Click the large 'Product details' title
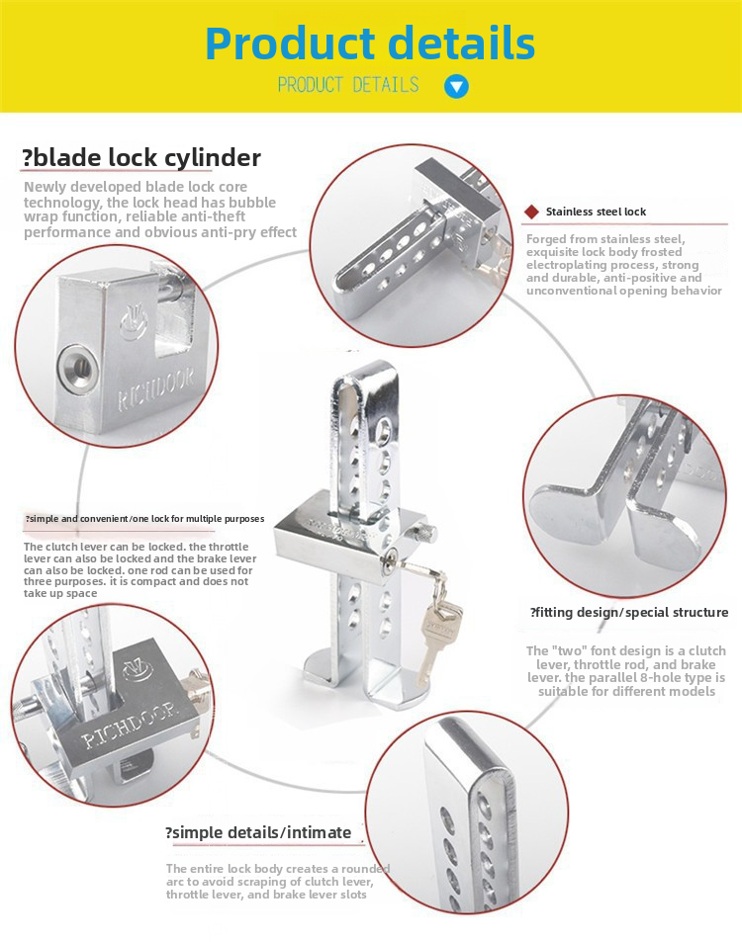370,43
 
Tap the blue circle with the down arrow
456,86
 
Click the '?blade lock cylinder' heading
141,158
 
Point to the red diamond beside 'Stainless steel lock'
531,212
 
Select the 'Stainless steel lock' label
596,212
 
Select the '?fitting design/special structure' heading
628,613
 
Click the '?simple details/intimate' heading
257,832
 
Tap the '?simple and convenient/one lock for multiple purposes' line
144,520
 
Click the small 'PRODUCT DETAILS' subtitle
348,85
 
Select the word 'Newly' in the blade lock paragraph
46,187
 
